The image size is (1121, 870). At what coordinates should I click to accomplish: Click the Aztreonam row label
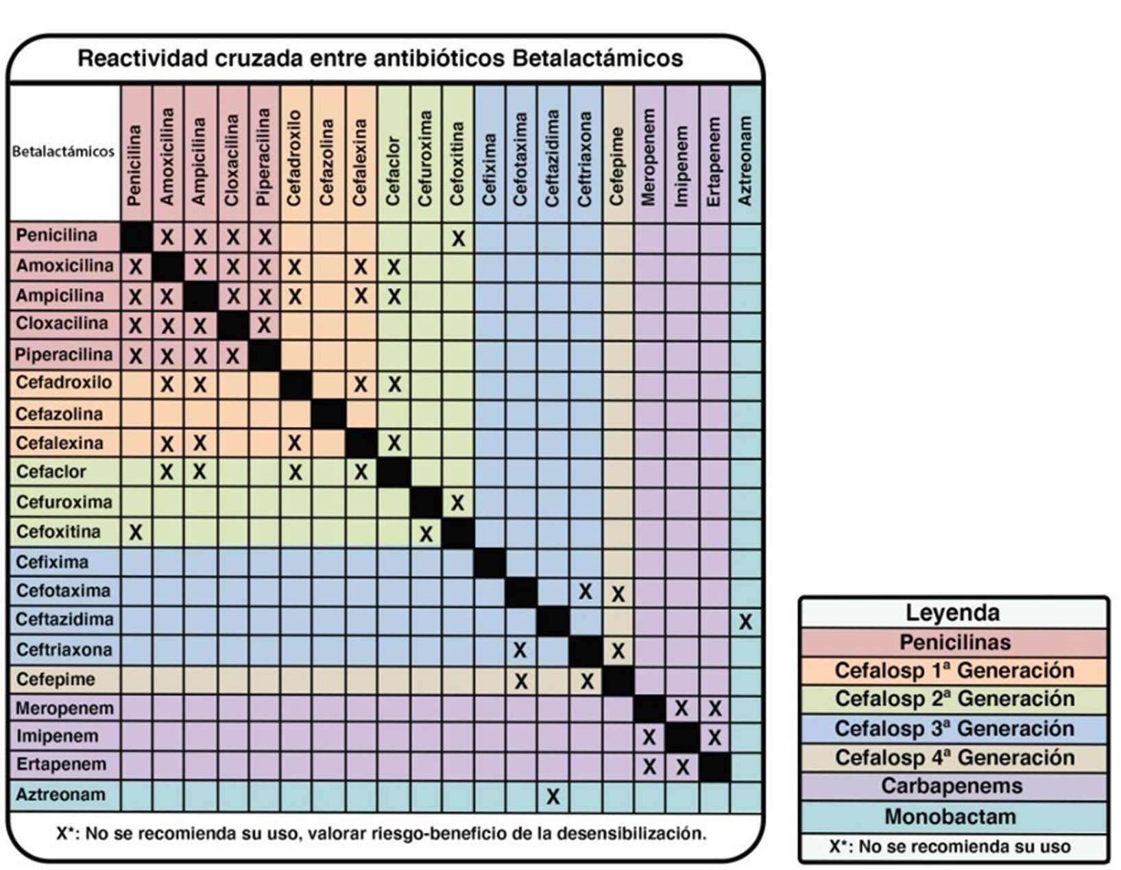[x=61, y=795]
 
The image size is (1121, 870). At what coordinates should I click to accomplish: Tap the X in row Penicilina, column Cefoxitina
[x=458, y=238]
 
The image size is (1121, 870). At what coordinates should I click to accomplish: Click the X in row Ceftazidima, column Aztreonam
[x=745, y=622]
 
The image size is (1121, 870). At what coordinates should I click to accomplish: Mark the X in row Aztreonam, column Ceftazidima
[x=553, y=796]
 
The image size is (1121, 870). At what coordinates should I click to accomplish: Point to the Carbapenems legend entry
[x=952, y=786]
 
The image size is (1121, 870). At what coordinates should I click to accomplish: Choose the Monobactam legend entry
[x=952, y=817]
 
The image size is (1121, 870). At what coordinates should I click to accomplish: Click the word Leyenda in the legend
[x=952, y=612]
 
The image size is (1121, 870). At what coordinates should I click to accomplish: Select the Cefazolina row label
[x=59, y=414]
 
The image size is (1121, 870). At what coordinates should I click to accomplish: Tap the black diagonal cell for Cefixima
[x=490, y=563]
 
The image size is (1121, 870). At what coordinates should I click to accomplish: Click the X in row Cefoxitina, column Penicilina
[x=136, y=532]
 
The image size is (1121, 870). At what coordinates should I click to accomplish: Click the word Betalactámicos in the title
[x=597, y=58]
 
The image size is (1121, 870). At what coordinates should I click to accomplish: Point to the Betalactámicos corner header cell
[x=64, y=152]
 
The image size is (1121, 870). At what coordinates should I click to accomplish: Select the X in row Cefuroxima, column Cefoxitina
[x=458, y=503]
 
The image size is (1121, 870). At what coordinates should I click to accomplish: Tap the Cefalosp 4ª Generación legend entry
[x=952, y=758]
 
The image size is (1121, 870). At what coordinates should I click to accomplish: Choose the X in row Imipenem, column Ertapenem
[x=715, y=737]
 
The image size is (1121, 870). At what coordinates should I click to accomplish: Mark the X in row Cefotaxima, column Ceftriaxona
[x=585, y=592]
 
